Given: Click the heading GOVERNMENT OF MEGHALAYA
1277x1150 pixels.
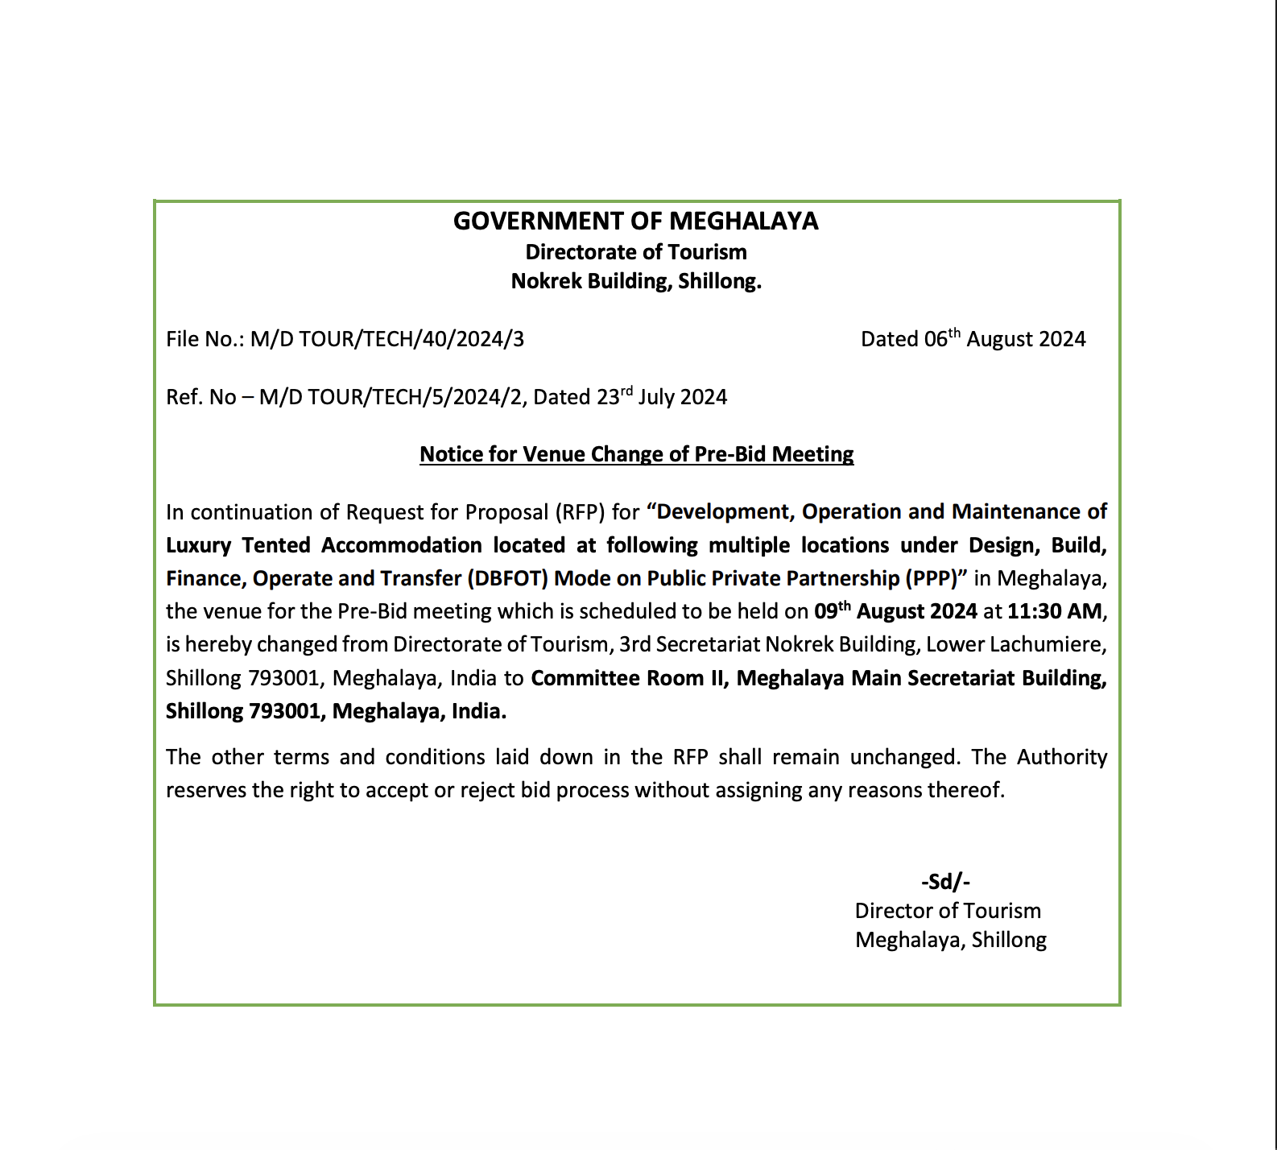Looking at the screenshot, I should pos(635,221).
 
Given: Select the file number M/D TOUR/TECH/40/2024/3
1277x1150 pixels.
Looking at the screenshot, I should pos(386,339).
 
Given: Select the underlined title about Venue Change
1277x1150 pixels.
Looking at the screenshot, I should pos(636,454).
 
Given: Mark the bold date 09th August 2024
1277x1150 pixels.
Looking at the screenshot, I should pos(895,611).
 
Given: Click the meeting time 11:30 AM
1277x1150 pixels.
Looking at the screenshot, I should pos(1055,611).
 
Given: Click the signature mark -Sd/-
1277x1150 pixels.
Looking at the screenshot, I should pos(945,882).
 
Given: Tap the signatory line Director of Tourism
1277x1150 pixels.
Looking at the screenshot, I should pos(948,911).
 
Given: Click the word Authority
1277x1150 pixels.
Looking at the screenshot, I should pos(1061,757).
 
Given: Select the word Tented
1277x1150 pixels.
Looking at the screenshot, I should pos(276,545).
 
